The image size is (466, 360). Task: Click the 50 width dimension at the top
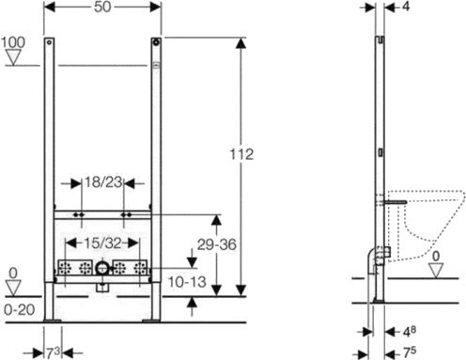coord(102,7)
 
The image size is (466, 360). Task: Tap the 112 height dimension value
coord(241,154)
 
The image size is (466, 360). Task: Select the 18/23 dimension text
coord(103,182)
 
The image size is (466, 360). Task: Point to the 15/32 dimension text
coord(103,243)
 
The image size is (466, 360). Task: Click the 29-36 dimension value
coord(217,244)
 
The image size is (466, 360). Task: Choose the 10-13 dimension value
coord(187,282)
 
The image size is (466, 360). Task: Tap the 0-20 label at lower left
coord(20,310)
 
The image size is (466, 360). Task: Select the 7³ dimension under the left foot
coord(53,353)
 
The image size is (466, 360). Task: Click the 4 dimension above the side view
coord(406,7)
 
